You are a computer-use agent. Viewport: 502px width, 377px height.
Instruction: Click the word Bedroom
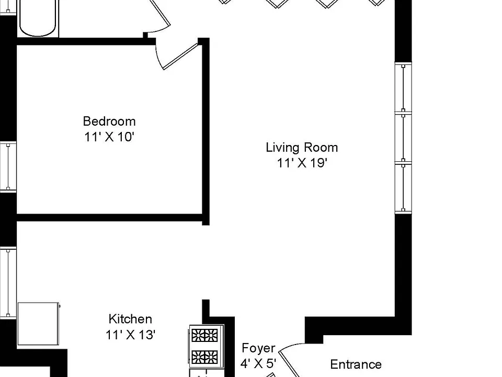pos(109,121)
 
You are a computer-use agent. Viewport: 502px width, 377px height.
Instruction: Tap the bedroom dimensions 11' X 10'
pos(109,137)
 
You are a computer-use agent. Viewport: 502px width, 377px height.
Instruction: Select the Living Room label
pos(302,148)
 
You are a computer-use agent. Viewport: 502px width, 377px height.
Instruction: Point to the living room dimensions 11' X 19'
pos(302,163)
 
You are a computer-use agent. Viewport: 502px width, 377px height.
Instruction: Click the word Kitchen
pos(130,319)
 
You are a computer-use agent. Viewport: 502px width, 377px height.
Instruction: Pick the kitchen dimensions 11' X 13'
pos(131,335)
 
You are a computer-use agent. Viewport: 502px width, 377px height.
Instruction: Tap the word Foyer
pos(258,348)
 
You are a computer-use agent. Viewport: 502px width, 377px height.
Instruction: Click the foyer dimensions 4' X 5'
pos(258,363)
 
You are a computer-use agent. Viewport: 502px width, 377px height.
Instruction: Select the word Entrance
pos(356,364)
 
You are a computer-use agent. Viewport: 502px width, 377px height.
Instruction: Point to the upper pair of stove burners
pos(204,336)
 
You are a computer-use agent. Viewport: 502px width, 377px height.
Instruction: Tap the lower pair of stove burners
pos(204,357)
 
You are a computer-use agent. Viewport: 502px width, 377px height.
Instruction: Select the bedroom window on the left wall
pos(8,167)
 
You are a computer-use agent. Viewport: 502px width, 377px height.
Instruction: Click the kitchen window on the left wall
pos(8,283)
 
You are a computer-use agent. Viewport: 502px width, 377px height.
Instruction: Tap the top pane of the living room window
pos(403,87)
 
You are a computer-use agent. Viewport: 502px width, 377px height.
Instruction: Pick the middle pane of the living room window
pos(403,138)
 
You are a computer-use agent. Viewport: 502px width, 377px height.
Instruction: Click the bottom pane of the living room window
pos(403,188)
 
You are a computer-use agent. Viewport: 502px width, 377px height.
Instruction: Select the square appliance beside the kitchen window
pos(38,324)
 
